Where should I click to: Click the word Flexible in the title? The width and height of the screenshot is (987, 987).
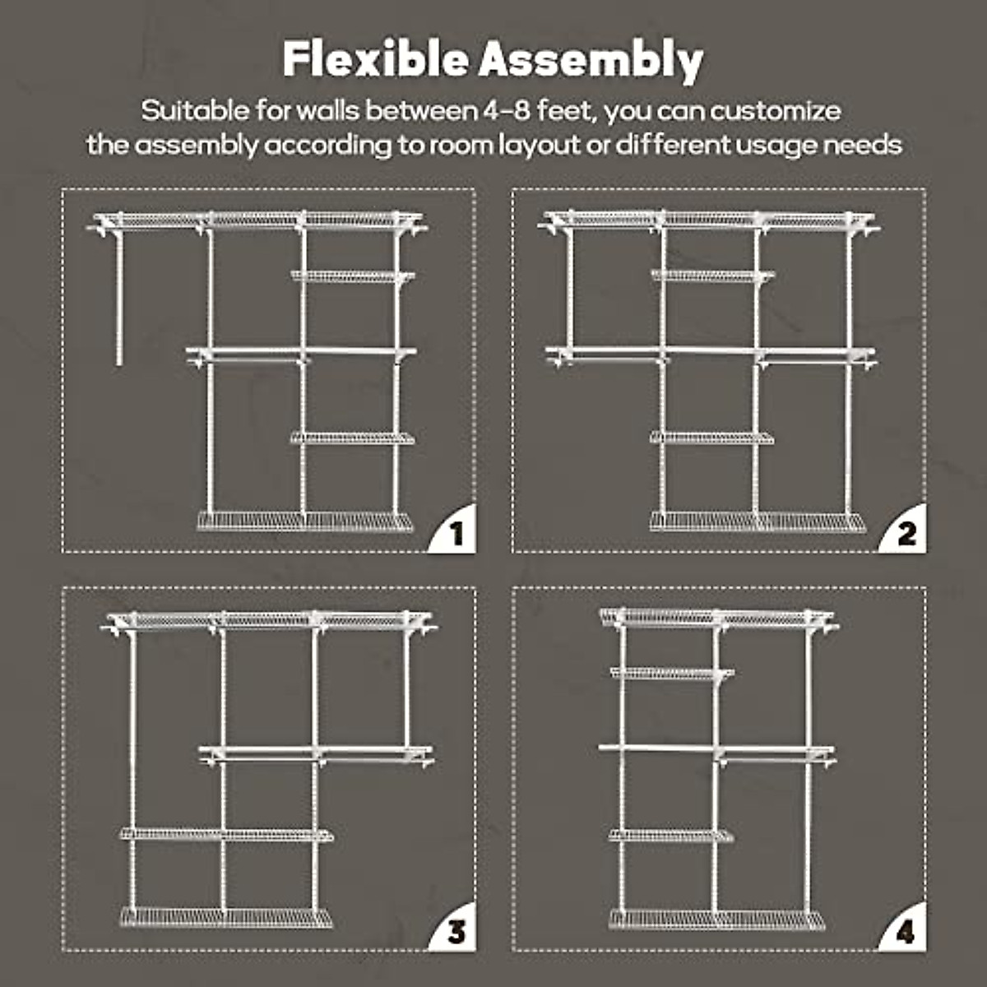pyautogui.click(x=377, y=59)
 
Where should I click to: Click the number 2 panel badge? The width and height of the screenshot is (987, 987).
pyautogui.click(x=906, y=535)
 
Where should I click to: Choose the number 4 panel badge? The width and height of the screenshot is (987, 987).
pyautogui.click(x=906, y=933)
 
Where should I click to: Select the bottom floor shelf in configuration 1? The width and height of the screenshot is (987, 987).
pyautogui.click(x=305, y=521)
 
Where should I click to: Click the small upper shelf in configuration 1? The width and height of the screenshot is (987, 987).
pyautogui.click(x=352, y=276)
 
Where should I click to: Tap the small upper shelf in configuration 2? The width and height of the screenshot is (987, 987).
pyautogui.click(x=711, y=276)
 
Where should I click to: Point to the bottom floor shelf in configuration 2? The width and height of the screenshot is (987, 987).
pyautogui.click(x=757, y=521)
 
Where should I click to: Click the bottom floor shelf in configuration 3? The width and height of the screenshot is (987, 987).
pyautogui.click(x=226, y=917)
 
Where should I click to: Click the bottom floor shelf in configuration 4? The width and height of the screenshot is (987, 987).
pyautogui.click(x=716, y=919)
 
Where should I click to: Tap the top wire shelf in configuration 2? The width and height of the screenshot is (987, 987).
pyautogui.click(x=707, y=219)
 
